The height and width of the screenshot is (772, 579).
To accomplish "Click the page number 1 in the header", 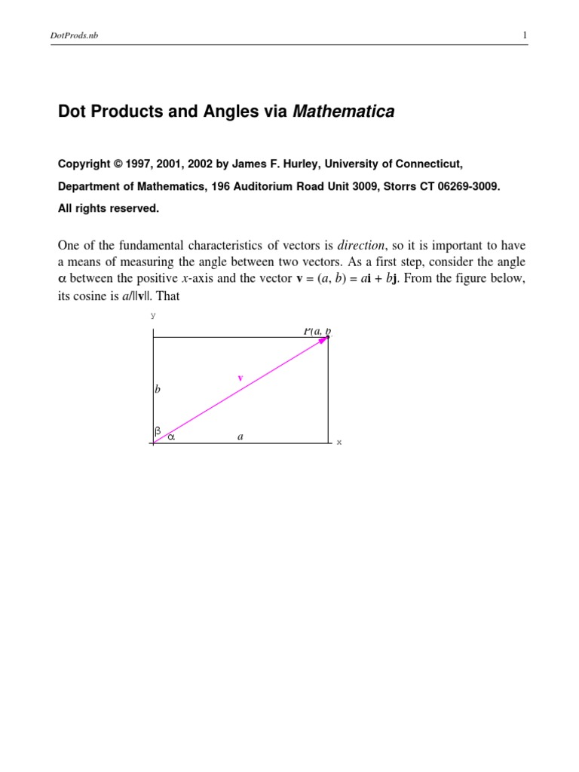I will point(524,35).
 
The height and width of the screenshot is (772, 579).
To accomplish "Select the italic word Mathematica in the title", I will point(343,112).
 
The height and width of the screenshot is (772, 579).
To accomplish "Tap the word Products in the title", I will point(125,112).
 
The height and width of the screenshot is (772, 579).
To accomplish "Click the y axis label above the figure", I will point(154,315).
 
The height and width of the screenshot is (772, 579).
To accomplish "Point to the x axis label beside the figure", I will point(339,442).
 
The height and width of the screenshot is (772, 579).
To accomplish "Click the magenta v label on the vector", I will point(240,378).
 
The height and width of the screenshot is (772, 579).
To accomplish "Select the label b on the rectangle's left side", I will point(158,390).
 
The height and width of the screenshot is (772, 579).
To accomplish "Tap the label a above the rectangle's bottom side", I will point(240,435).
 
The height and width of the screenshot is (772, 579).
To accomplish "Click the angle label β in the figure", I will point(158,431).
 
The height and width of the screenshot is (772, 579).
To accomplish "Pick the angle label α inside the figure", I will point(170,436).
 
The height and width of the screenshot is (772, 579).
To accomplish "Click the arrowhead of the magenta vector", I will point(324,340).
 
